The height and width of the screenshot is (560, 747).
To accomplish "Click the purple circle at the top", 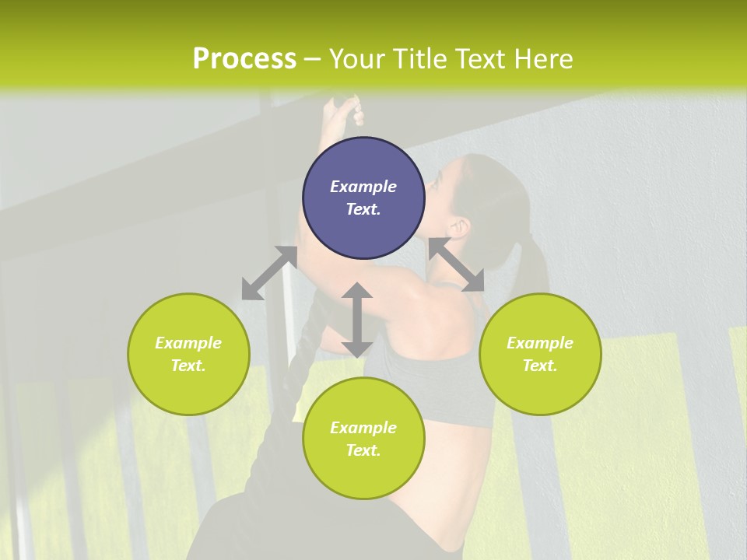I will click(x=363, y=198).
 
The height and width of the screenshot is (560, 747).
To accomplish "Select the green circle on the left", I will click(x=188, y=354).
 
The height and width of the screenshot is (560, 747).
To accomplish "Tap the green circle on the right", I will click(x=540, y=354).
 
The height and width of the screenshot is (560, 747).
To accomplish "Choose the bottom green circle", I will click(x=363, y=439).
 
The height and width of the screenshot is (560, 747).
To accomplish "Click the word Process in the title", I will click(x=244, y=59).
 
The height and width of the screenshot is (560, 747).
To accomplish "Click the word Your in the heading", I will click(x=357, y=59).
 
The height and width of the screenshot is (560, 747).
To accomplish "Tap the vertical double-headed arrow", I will click(x=357, y=320).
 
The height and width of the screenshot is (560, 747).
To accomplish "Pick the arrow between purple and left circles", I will click(x=269, y=273).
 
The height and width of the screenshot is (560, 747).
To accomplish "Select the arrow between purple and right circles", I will click(x=456, y=265).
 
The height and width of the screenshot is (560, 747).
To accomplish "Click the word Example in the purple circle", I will click(x=363, y=187).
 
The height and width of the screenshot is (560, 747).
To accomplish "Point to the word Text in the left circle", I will click(x=188, y=366).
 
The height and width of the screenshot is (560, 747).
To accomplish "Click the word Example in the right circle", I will click(x=540, y=343).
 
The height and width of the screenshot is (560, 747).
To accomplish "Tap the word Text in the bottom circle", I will click(x=363, y=450).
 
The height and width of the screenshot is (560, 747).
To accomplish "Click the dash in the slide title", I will click(x=313, y=59).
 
